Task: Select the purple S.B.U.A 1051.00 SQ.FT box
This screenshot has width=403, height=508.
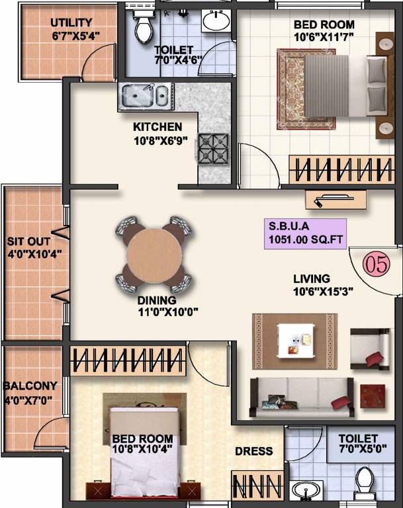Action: click(x=305, y=233)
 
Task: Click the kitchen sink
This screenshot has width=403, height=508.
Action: click(x=145, y=97)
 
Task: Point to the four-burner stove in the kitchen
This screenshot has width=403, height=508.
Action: click(x=212, y=149)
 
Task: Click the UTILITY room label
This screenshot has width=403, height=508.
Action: click(x=71, y=23)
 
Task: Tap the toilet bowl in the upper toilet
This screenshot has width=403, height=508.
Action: click(x=142, y=25)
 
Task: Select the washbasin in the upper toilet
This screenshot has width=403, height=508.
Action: click(x=215, y=21)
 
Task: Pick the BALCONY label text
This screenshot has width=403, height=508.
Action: click(x=30, y=385)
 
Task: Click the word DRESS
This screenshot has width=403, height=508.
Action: click(x=254, y=451)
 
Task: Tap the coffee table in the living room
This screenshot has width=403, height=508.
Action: click(x=295, y=341)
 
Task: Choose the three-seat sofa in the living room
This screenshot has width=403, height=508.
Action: click(x=301, y=396)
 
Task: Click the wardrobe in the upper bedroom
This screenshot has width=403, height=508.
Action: click(x=341, y=169)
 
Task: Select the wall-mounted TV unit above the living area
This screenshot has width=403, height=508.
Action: click(x=336, y=198)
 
